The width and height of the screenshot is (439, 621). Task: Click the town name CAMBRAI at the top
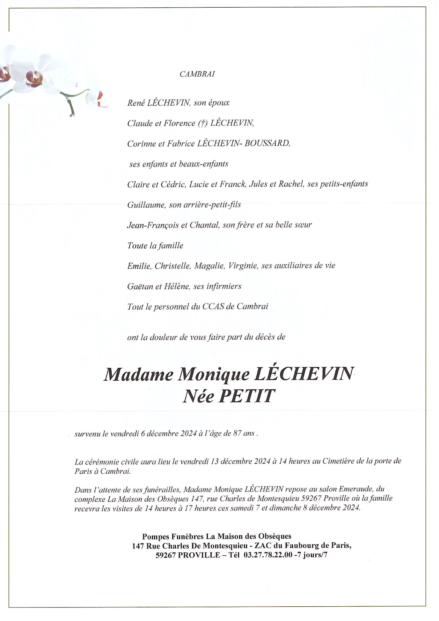197,74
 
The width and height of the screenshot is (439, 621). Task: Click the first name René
135,102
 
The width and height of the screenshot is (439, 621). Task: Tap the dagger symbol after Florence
202,123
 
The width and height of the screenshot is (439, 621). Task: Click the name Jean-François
153,225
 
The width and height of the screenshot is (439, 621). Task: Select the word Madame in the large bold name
138,374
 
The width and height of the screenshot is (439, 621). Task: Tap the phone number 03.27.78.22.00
268,555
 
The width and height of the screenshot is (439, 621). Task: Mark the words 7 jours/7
311,555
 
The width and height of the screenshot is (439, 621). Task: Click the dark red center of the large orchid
34,78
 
